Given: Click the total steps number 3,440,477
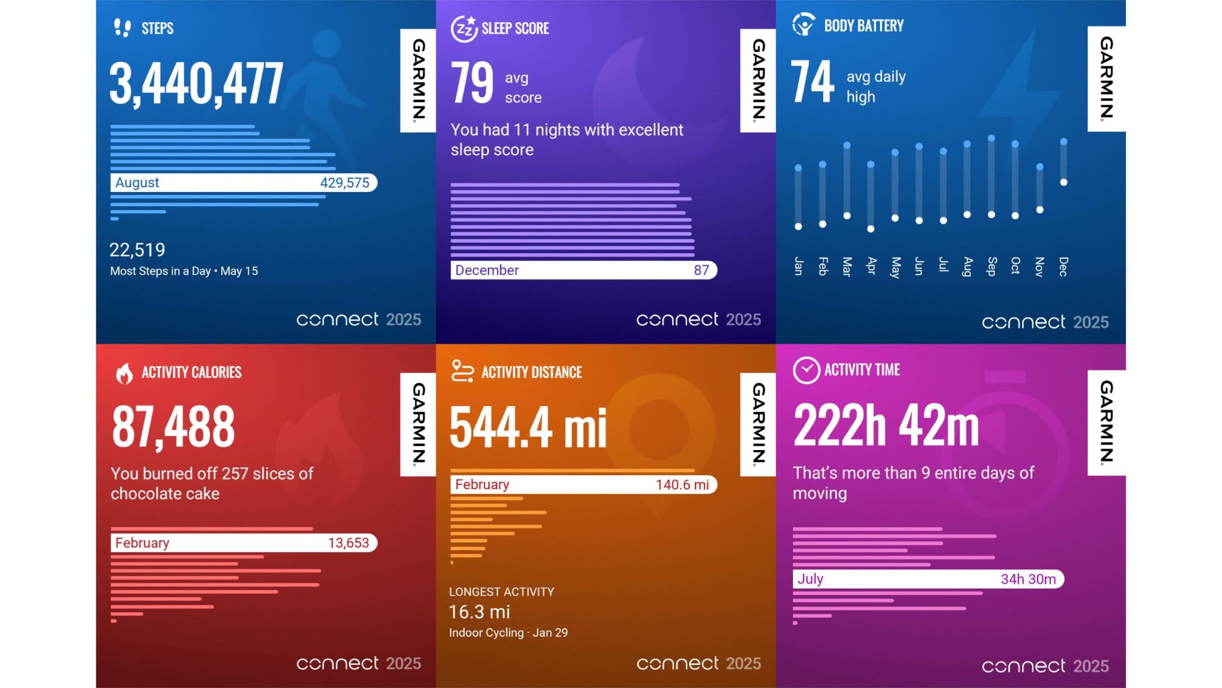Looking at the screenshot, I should click(x=196, y=84).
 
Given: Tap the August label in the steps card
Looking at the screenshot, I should click(x=137, y=183).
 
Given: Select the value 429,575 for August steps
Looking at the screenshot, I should click(x=345, y=183).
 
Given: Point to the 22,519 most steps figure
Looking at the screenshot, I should click(x=137, y=250).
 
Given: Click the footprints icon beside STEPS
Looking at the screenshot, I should click(x=123, y=28).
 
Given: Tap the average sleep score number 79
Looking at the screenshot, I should click(x=472, y=83).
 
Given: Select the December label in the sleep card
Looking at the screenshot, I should click(x=487, y=270).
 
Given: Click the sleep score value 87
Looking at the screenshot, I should click(x=701, y=270).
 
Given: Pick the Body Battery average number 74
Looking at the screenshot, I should click(x=812, y=82).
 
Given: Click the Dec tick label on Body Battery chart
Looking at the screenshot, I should click(x=1064, y=267).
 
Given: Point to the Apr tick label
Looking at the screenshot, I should click(x=871, y=266).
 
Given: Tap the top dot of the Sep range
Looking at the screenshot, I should click(x=991, y=138).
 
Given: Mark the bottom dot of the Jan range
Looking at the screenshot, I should click(x=798, y=227).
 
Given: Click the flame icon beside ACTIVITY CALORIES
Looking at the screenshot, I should click(x=125, y=373).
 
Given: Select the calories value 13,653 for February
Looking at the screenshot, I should click(x=348, y=543).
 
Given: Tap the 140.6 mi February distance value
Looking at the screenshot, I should click(x=682, y=485).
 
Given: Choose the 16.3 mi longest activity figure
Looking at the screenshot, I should click(x=480, y=612).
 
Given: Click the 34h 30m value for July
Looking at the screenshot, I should click(x=1028, y=579).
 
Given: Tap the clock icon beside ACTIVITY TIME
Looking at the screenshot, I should click(x=807, y=371).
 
